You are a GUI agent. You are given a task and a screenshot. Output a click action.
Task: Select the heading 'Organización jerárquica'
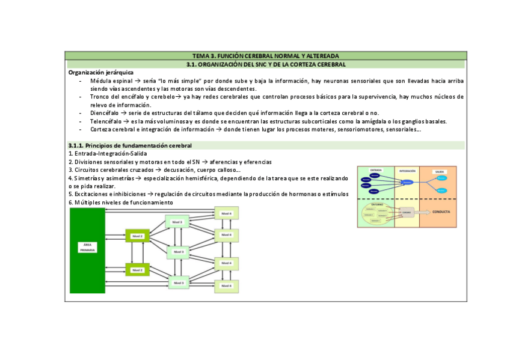point(101,72)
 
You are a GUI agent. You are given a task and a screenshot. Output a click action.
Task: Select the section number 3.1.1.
point(76,145)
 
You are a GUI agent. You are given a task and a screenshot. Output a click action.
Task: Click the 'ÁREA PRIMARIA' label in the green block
point(87,247)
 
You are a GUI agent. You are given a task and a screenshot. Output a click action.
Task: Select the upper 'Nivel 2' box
point(137,236)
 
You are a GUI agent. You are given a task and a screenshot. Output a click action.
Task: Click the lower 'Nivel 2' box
point(137,270)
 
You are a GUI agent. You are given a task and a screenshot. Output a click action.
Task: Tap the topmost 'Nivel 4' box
point(226,213)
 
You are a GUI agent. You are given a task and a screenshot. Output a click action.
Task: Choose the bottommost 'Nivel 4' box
point(226,285)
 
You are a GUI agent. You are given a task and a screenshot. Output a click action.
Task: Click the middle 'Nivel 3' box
point(179,251)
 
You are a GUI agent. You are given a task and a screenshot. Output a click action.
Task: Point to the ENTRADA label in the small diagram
point(376,170)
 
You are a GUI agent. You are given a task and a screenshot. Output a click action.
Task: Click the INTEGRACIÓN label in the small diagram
point(407,170)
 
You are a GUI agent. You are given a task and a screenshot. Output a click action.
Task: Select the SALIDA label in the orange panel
point(439,171)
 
